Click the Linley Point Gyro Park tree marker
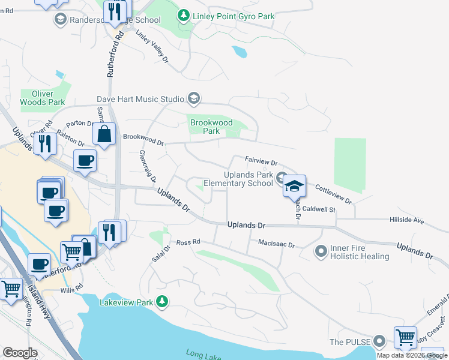click(x=184, y=16)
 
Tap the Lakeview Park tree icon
click(x=161, y=301)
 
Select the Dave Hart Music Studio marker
click(x=193, y=98)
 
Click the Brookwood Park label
click(x=211, y=126)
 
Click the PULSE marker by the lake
click(x=378, y=341)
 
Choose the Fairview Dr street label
click(x=261, y=161)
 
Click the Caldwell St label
click(x=318, y=209)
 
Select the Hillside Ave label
click(x=407, y=221)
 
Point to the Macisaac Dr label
click(x=277, y=245)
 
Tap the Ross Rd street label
click(x=187, y=243)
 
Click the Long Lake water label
click(x=201, y=354)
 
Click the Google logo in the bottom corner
click(x=20, y=353)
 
